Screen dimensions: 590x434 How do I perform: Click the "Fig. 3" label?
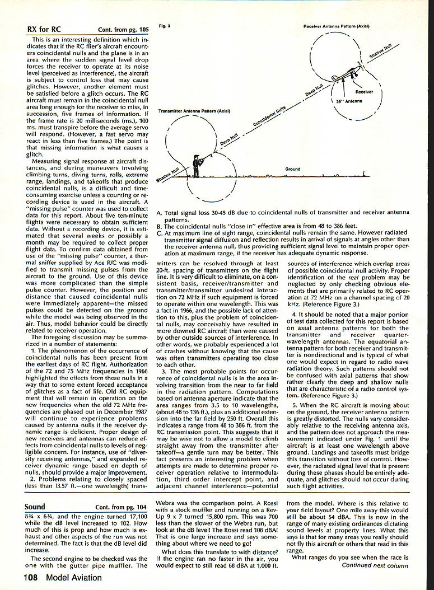(x=164, y=26)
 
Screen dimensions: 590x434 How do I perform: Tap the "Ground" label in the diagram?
(x=292, y=168)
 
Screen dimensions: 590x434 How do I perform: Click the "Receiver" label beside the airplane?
(x=364, y=91)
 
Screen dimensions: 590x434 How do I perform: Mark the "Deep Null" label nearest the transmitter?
(x=229, y=139)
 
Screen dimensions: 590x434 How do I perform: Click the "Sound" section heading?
(x=35, y=507)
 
